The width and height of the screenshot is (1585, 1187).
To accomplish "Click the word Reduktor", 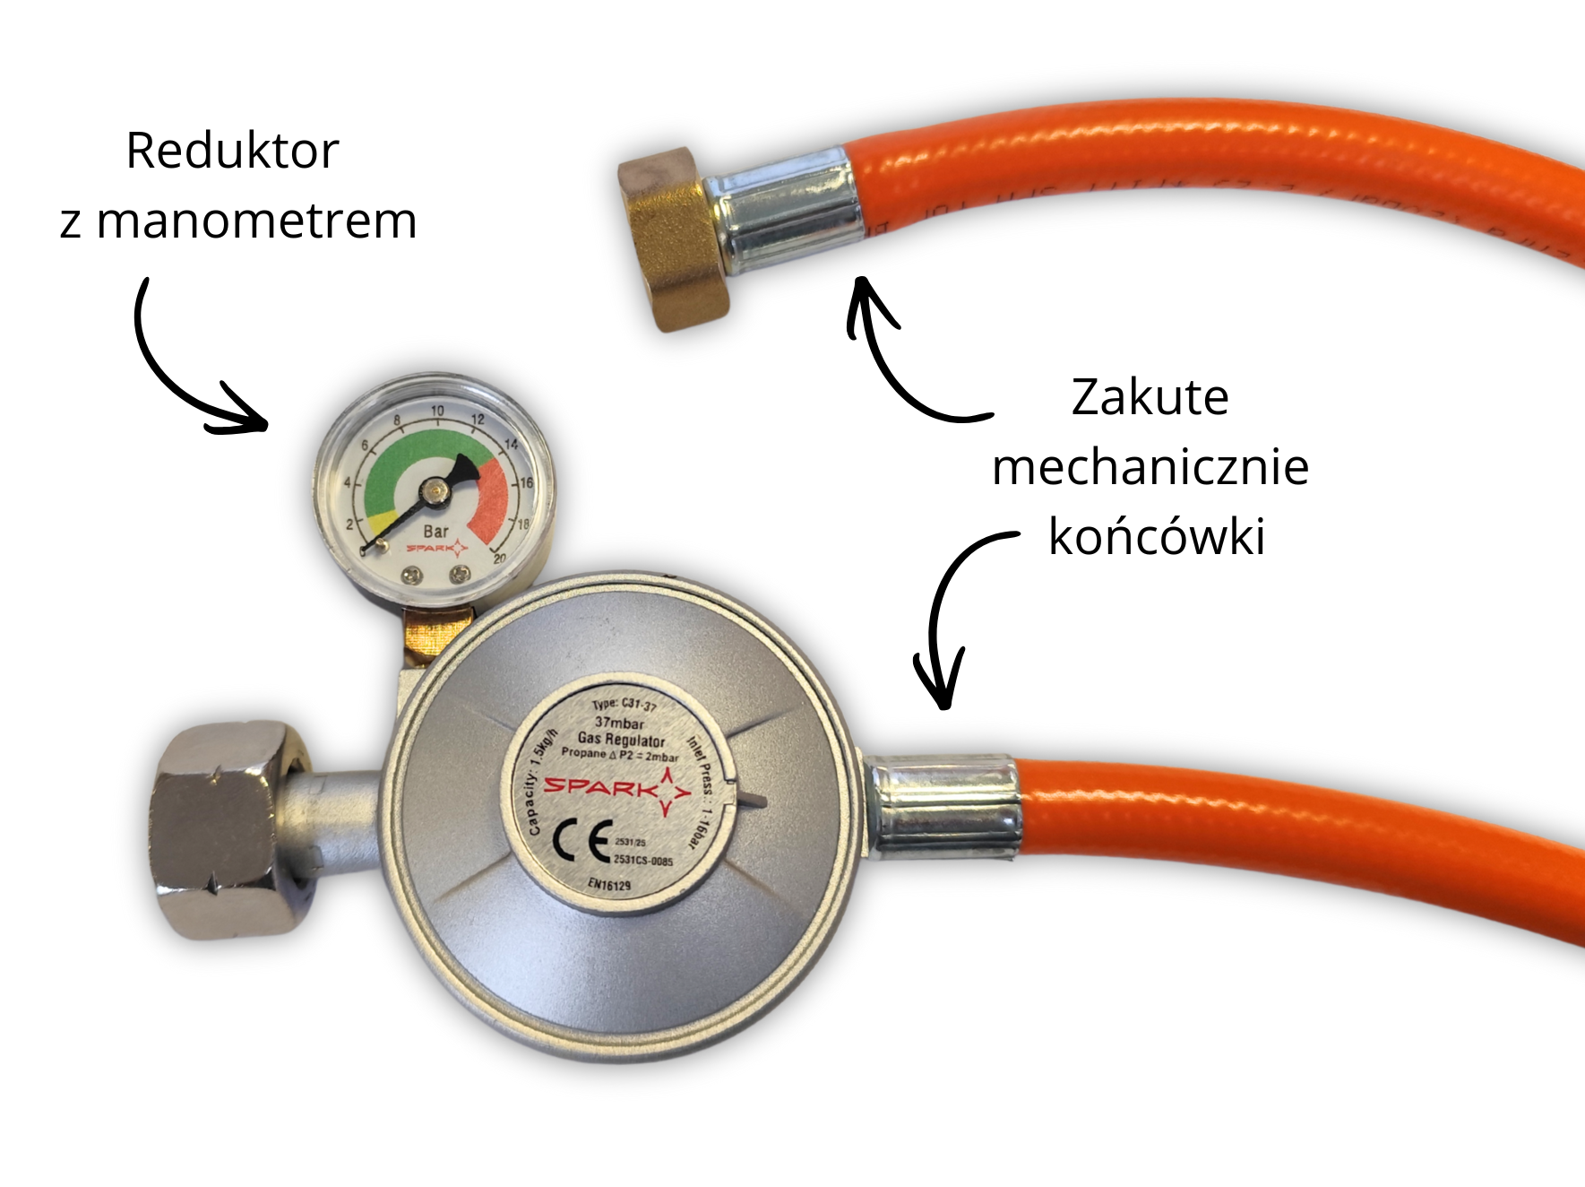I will click(232, 151).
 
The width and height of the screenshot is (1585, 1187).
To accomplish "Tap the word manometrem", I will click(256, 221).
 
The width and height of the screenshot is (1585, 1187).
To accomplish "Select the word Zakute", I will click(1150, 397).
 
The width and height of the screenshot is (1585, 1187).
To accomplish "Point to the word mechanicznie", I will click(1150, 467).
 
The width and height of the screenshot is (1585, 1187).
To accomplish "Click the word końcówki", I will click(1156, 537).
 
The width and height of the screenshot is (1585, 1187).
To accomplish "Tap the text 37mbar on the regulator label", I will click(619, 723).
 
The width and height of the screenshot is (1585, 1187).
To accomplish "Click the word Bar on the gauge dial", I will click(436, 531).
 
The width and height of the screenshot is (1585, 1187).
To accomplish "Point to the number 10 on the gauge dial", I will click(437, 411).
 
